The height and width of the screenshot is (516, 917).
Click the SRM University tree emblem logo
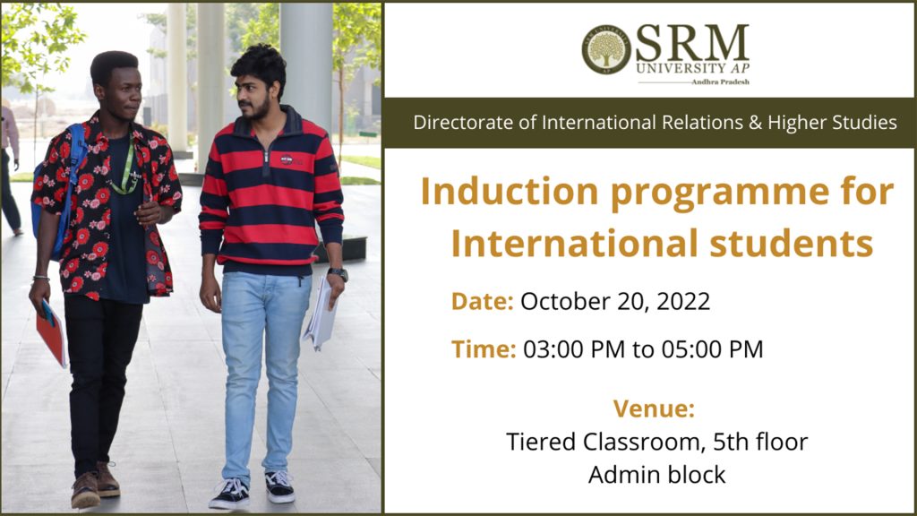click(606, 50)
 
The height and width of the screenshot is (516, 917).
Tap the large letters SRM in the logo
click(692, 43)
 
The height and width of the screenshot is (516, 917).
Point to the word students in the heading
click(792, 244)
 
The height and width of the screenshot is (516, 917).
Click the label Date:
click(482, 301)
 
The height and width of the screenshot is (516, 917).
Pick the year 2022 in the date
click(683, 301)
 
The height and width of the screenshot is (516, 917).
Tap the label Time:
click(484, 349)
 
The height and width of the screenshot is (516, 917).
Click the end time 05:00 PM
click(712, 349)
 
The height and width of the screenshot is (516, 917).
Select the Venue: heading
click(654, 408)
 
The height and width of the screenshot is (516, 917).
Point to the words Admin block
click(656, 475)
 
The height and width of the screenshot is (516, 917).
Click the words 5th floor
click(759, 442)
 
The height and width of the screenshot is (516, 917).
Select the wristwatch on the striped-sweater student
click(338, 273)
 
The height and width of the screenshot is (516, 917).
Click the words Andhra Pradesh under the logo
click(720, 82)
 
